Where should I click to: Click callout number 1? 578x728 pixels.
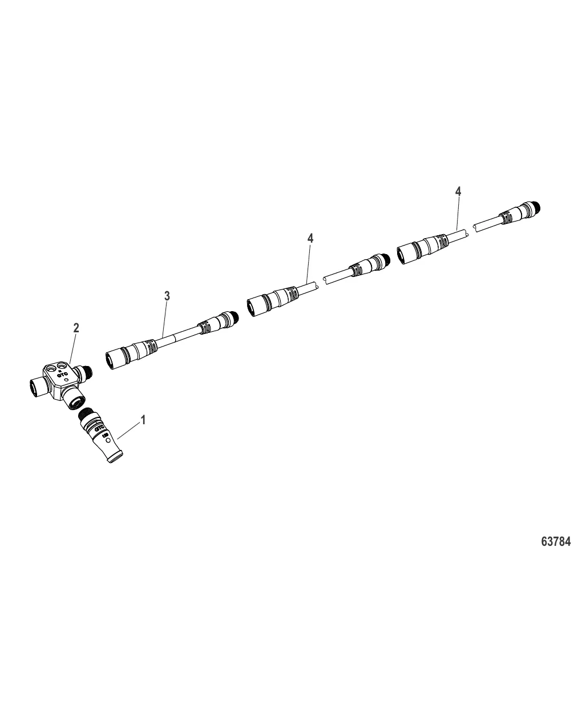pyautogui.click(x=144, y=420)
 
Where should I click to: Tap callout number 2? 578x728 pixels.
pyautogui.click(x=76, y=328)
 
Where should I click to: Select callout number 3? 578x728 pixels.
pyautogui.click(x=167, y=296)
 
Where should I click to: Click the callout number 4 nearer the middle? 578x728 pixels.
pyautogui.click(x=310, y=238)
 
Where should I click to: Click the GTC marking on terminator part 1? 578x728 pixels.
pyautogui.click(x=99, y=428)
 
